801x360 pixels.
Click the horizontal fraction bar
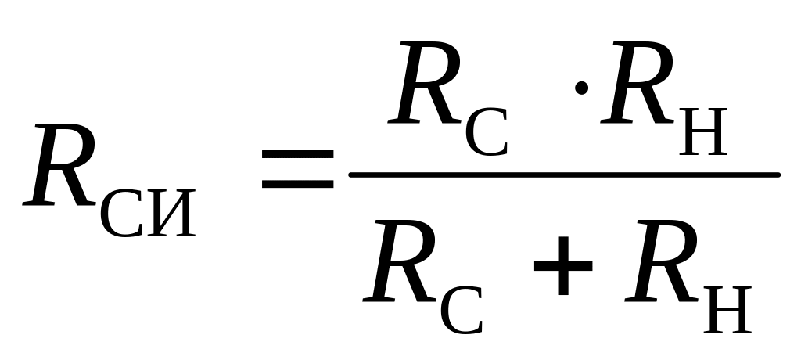click(x=563, y=174)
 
